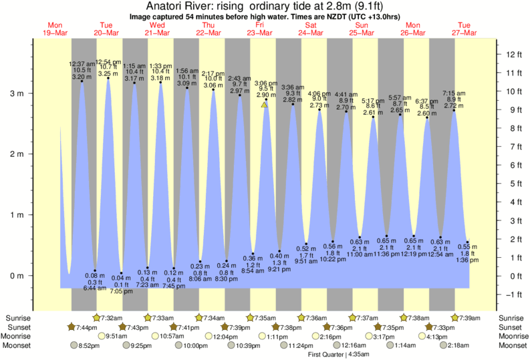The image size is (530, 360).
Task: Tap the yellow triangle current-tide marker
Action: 265,104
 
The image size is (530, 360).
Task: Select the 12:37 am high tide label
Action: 82,63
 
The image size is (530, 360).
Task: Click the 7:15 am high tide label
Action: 454,93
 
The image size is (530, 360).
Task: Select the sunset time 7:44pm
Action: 85,327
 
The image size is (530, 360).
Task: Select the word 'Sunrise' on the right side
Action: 511,317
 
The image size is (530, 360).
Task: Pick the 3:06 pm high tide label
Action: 266,83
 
